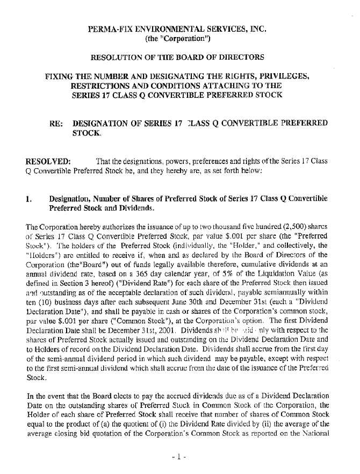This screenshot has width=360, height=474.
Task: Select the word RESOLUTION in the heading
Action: coord(119,56)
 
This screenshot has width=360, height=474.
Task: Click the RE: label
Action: coord(56,123)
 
